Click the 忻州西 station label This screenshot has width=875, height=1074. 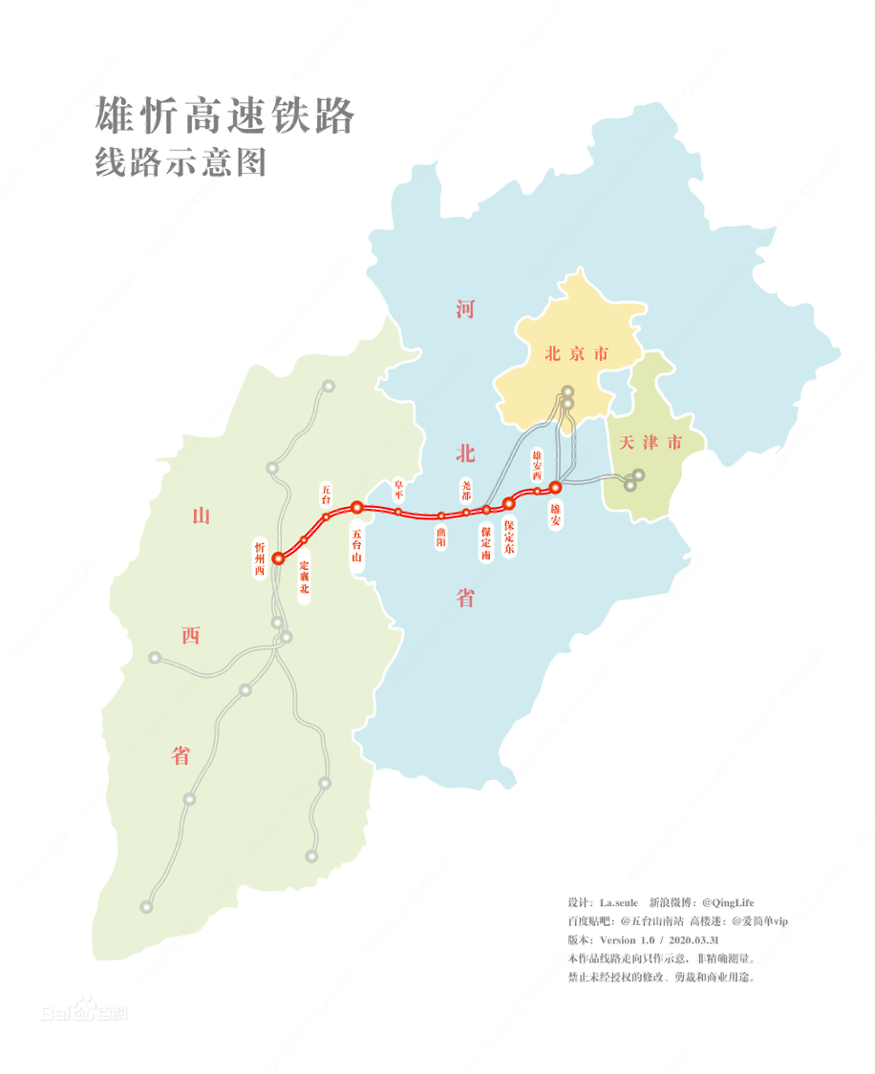pos(259,558)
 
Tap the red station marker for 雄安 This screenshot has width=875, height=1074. pos(556,488)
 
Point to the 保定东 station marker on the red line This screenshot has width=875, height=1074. pos(509,502)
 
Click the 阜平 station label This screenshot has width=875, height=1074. pos(398,490)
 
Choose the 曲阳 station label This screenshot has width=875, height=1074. pos(440,536)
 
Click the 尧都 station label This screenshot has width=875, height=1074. pos(466,490)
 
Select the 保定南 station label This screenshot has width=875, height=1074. pos(486,542)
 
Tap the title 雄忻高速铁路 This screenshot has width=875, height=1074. pos(224,116)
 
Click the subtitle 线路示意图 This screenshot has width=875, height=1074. pos(180,162)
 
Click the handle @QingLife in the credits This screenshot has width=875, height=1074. pos(728,902)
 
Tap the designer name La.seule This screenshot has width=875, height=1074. pos(618,902)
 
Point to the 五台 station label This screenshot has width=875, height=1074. pos(326,494)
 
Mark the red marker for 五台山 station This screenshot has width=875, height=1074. pos(356,508)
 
